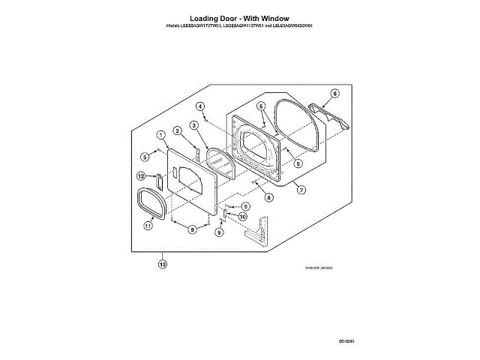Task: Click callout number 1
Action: (x=160, y=134)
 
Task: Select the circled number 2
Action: (x=177, y=130)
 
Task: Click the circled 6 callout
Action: (x=334, y=94)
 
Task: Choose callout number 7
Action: (x=301, y=190)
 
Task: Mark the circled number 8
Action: (x=268, y=197)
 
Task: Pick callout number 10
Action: (x=242, y=216)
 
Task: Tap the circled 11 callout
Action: (x=148, y=224)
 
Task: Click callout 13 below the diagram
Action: (x=161, y=263)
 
